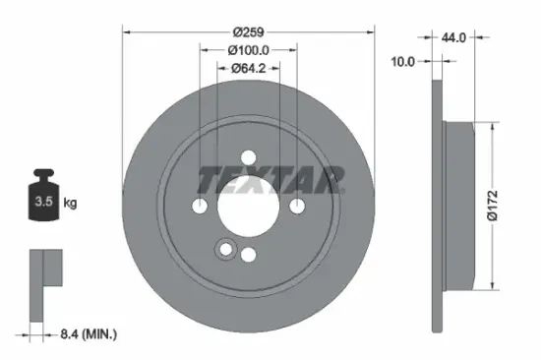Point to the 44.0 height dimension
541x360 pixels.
tap(454, 37)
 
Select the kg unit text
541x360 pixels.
tap(70, 204)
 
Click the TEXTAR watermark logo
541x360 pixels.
tap(271, 179)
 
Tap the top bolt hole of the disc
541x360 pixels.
tap(248, 156)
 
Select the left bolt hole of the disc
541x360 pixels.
tap(200, 205)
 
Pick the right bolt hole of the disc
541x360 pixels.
tap(296, 205)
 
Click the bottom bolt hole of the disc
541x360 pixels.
tap(248, 254)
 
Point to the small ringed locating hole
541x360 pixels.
tap(228, 250)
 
